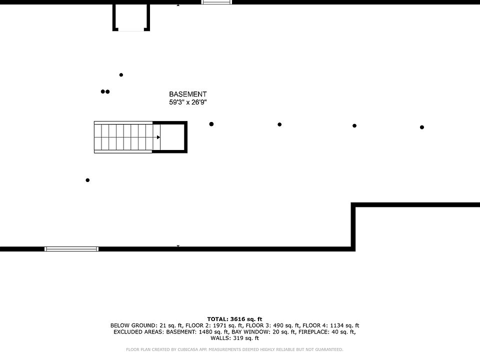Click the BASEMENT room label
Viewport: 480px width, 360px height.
pos(187,94)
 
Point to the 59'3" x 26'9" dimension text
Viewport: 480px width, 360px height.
pos(187,102)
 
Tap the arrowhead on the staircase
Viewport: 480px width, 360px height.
pos(158,137)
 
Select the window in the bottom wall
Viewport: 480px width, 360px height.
pos(71,248)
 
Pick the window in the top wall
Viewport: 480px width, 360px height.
pos(216,2)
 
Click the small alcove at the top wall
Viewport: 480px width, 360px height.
pos(131,17)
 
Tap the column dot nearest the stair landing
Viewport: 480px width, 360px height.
pos(211,124)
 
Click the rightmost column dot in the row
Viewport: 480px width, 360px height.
pos(422,127)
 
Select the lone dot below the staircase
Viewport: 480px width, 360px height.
pos(88,180)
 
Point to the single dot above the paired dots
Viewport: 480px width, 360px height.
pos(121,75)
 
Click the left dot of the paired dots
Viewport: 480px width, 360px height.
pos(103,91)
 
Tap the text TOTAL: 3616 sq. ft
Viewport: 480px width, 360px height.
pos(234,319)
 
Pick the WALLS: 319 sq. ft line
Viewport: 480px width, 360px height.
pos(234,338)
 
